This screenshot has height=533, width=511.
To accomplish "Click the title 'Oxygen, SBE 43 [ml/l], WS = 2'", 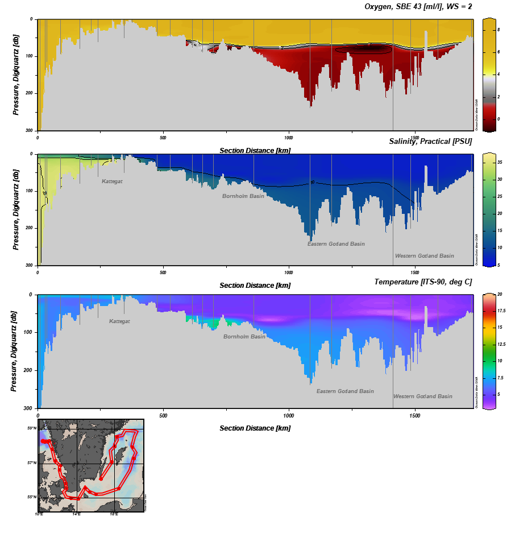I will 418,7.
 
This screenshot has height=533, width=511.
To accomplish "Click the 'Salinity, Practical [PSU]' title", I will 430,141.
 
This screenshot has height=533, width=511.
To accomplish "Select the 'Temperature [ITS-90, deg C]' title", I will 423,282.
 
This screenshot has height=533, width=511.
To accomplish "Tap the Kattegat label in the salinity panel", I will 112,181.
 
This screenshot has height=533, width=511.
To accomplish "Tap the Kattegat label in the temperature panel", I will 119,321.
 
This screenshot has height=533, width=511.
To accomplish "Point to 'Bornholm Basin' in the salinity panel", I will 243,196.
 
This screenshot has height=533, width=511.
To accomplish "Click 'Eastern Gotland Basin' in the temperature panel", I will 345,391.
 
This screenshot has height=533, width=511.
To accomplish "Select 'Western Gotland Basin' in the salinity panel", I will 424,256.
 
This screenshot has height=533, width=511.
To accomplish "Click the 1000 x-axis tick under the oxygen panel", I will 289,138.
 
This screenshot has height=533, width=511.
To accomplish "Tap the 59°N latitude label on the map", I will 33,428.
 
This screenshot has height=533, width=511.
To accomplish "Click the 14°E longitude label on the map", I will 76,514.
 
